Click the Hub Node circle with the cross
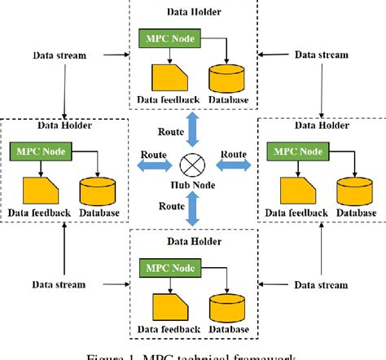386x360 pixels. point(191,166)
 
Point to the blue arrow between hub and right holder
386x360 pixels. point(230,166)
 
